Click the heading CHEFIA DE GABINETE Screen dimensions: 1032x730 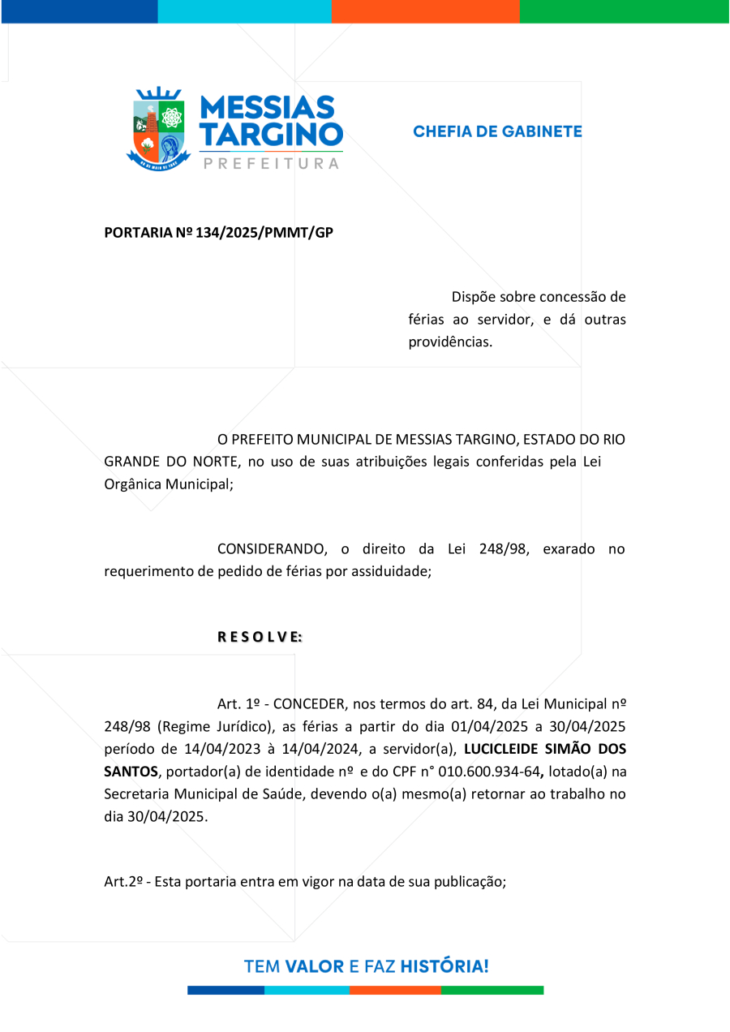pyautogui.click(x=497, y=131)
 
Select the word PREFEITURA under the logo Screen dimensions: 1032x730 pyautogui.click(x=271, y=164)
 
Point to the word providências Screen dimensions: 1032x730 pyautogui.click(x=450, y=342)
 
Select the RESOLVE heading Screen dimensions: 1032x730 pyautogui.click(x=260, y=637)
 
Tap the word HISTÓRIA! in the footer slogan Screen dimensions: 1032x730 pyautogui.click(x=444, y=966)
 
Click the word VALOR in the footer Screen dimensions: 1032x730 pyautogui.click(x=315, y=966)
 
